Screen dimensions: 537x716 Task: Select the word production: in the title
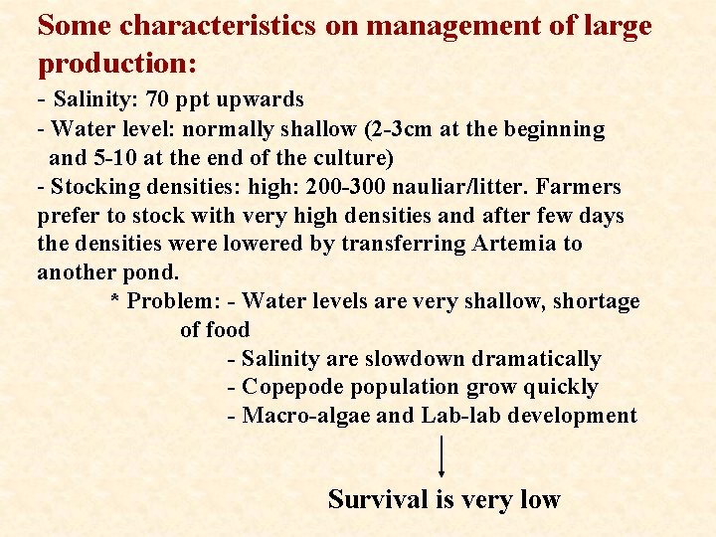coord(117,63)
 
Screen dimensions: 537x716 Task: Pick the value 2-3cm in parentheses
coord(418,129)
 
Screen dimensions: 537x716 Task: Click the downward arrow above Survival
coord(442,458)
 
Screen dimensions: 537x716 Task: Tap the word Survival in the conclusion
coord(378,498)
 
